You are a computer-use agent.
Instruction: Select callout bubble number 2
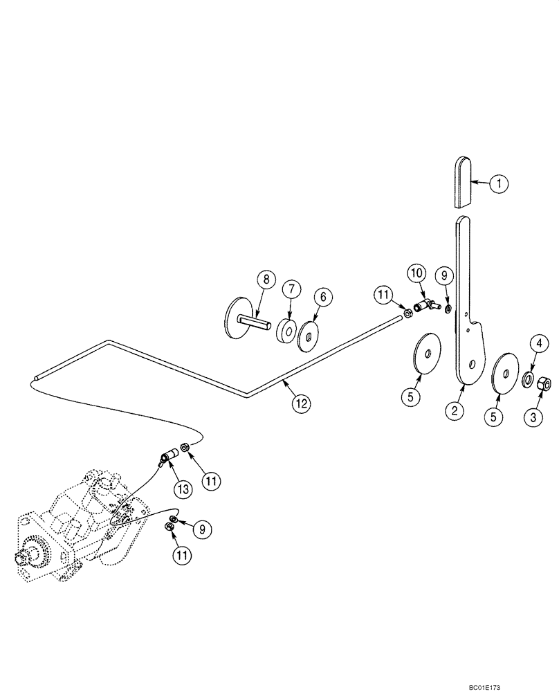pyautogui.click(x=455, y=410)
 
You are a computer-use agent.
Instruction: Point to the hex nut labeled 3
pyautogui.click(x=544, y=382)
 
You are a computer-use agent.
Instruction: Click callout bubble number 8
pyautogui.click(x=262, y=280)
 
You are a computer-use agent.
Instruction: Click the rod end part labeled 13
pyautogui.click(x=167, y=457)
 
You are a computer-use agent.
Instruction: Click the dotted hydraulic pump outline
pyautogui.click(x=76, y=533)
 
